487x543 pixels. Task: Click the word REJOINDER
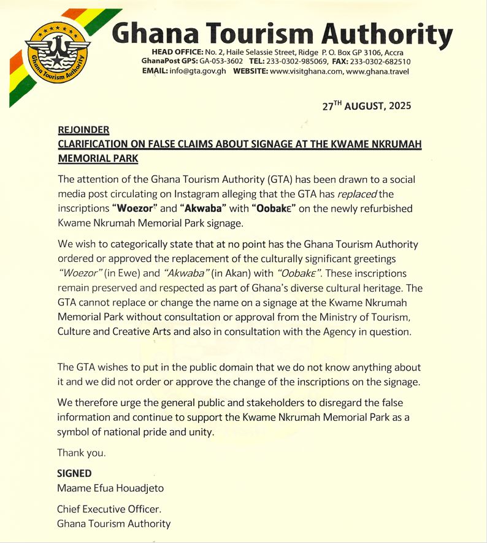[83, 130]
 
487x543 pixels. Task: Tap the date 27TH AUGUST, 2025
[367, 106]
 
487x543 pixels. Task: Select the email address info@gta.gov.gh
[196, 71]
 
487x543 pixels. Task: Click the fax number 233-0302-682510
[380, 62]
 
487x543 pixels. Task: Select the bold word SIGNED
[74, 473]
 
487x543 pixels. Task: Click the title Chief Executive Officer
[110, 509]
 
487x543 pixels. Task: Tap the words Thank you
[82, 453]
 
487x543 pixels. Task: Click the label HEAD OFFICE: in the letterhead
[177, 53]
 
